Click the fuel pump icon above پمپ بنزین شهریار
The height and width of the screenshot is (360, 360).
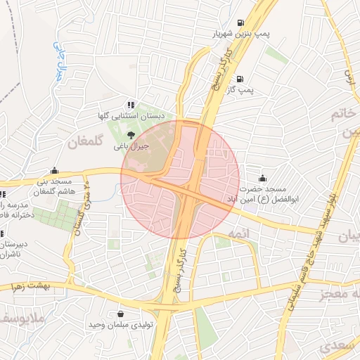point(241,22)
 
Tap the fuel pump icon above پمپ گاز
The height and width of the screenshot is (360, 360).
point(241,79)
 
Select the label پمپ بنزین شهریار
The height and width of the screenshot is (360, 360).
point(243,34)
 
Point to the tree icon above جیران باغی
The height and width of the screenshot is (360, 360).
point(130,134)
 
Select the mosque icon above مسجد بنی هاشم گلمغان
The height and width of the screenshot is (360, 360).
point(54,170)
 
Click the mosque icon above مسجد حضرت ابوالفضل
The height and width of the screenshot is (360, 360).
point(262,178)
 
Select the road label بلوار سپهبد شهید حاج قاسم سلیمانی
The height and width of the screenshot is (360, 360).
point(310,253)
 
